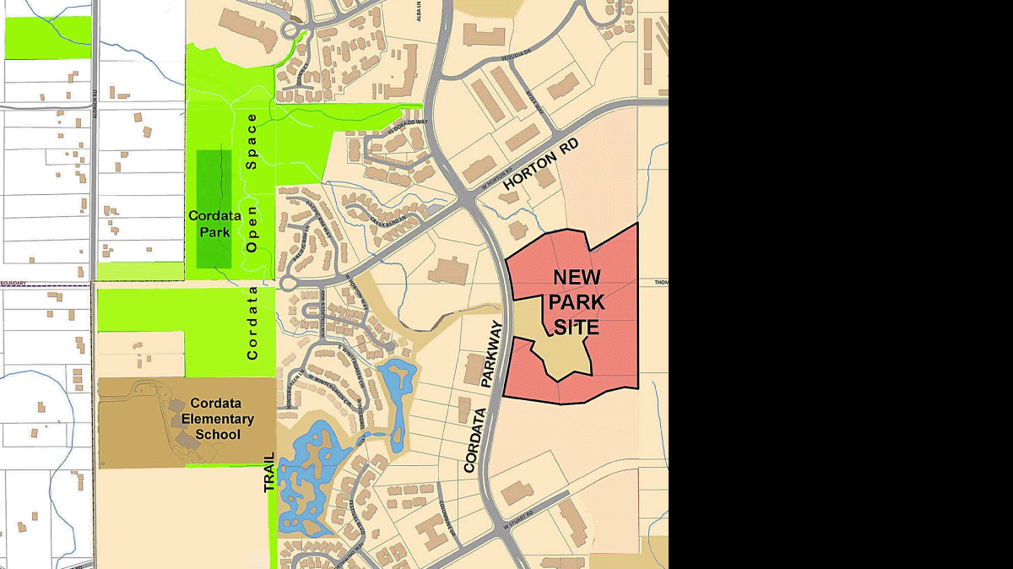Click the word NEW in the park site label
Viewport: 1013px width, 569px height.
tap(577, 278)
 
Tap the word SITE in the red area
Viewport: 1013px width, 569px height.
tap(577, 327)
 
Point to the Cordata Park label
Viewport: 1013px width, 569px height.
tap(214, 223)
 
